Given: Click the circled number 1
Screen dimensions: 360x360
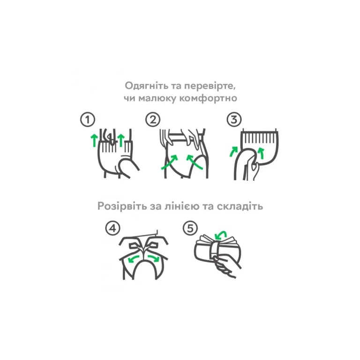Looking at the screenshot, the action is [x=88, y=120].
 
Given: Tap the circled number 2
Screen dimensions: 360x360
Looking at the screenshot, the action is [x=153, y=120].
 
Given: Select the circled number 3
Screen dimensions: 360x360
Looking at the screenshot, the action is [x=234, y=120].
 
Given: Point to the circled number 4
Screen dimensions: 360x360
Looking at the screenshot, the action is [x=112, y=228].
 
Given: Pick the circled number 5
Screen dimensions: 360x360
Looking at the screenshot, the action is [x=190, y=228].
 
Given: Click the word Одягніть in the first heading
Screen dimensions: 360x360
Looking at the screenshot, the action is [x=147, y=86].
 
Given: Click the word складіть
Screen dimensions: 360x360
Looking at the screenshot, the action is [x=240, y=206].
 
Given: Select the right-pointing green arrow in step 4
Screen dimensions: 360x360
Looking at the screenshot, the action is [x=154, y=258].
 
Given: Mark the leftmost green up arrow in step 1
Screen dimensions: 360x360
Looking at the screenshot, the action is [x=94, y=141].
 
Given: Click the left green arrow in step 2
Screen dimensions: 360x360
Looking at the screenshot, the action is [x=169, y=163].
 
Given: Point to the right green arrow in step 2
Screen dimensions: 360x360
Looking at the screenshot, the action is [x=194, y=162].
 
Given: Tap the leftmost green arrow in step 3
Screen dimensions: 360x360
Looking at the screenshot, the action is [x=234, y=151].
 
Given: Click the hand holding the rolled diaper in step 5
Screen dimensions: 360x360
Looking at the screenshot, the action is [x=226, y=266].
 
